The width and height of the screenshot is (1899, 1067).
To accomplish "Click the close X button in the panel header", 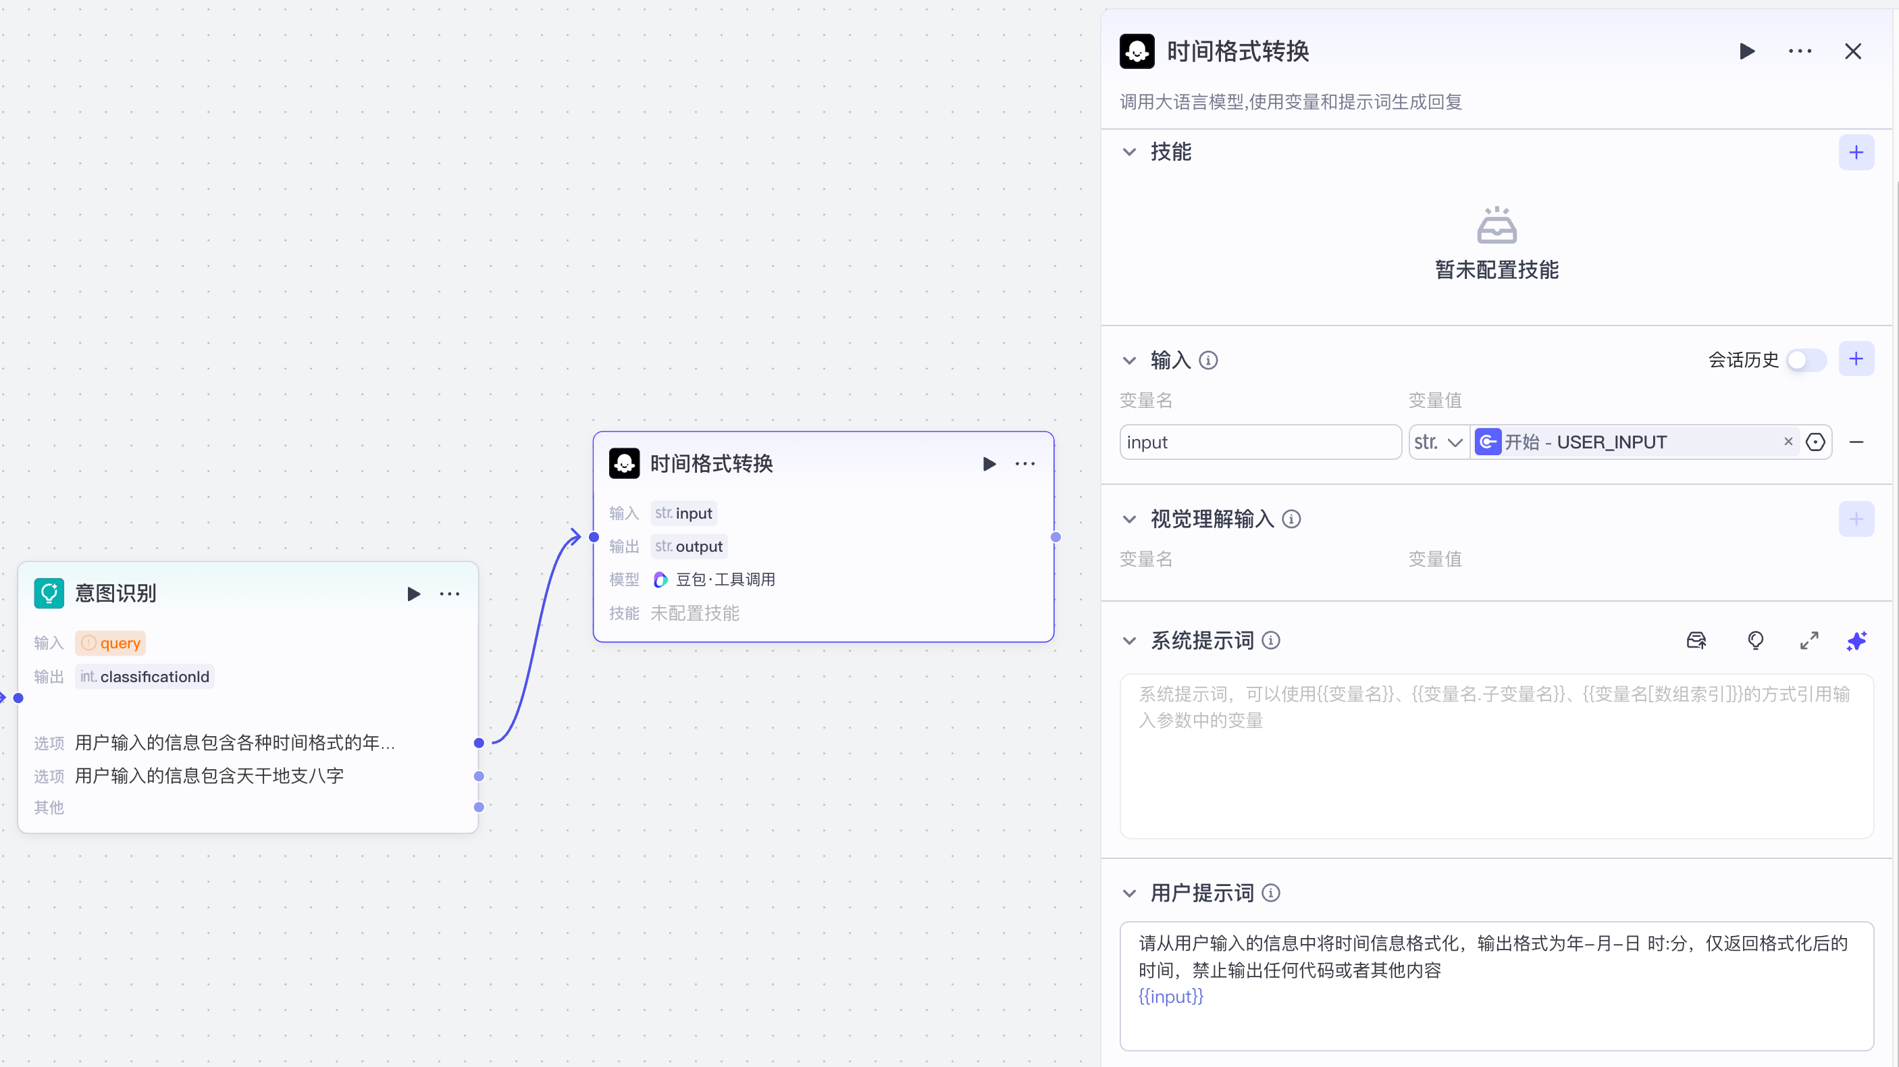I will click(1852, 51).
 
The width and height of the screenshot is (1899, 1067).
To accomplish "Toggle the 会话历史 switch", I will click(1805, 360).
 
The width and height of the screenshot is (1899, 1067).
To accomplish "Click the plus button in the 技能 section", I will click(1856, 153).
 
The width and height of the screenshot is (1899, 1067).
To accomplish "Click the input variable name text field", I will click(1259, 442).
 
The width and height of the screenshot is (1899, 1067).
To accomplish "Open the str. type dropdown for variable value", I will click(1438, 442).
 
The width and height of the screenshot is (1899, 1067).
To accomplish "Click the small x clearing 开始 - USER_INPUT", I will click(1788, 442).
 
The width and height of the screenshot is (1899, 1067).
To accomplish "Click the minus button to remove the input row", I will click(1856, 442).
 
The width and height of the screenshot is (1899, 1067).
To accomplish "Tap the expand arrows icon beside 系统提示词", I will click(1809, 641).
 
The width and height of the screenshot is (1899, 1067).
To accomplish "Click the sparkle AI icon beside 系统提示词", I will click(1856, 641).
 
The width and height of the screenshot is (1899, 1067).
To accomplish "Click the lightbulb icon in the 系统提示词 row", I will click(1755, 641).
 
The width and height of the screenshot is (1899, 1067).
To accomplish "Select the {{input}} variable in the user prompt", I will click(1170, 997).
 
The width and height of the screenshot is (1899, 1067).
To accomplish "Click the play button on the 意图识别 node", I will click(413, 594).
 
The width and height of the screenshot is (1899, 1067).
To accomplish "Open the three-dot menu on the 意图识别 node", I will click(449, 594).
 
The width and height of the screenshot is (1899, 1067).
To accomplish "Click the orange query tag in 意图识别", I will click(111, 644).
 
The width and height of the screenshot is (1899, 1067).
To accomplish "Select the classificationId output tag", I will click(145, 677).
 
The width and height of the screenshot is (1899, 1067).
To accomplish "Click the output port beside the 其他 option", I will click(479, 808).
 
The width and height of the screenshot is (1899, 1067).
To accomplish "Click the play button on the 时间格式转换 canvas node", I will click(989, 464).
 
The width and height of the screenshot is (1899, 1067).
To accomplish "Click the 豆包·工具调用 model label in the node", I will click(725, 579).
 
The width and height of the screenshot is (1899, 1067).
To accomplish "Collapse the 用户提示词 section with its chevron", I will click(1128, 893).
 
